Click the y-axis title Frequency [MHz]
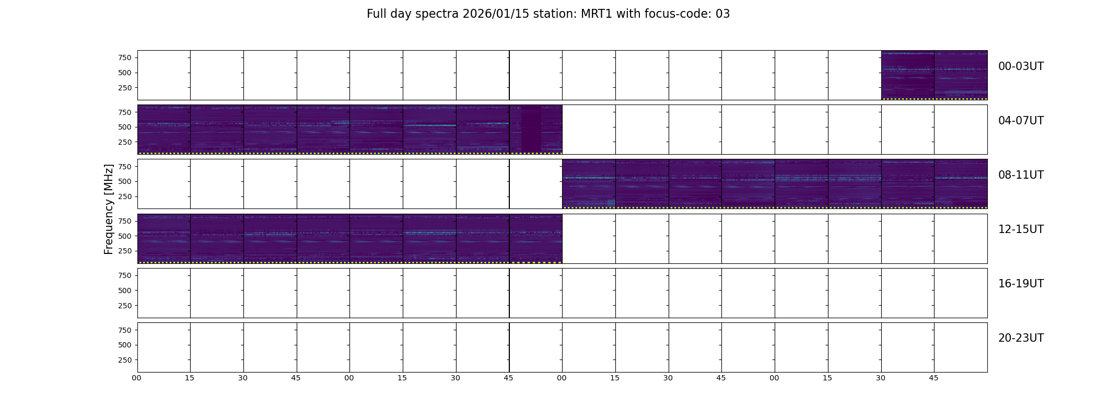(x=109, y=209)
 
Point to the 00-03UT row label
(x=1021, y=66)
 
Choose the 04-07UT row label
(x=1021, y=121)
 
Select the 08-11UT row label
(x=1021, y=175)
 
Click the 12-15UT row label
(x=1021, y=229)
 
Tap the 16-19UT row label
(x=1021, y=284)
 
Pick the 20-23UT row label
(x=1021, y=338)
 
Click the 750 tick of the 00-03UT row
(x=125, y=57)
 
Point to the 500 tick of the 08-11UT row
(x=125, y=181)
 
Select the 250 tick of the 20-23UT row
(x=125, y=360)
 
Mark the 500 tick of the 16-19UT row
(x=125, y=291)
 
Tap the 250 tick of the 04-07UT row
(x=125, y=142)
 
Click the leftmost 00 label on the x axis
(x=136, y=378)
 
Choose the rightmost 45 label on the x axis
(x=933, y=378)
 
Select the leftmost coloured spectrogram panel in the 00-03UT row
(x=907, y=75)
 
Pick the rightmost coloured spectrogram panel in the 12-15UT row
(x=535, y=238)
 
